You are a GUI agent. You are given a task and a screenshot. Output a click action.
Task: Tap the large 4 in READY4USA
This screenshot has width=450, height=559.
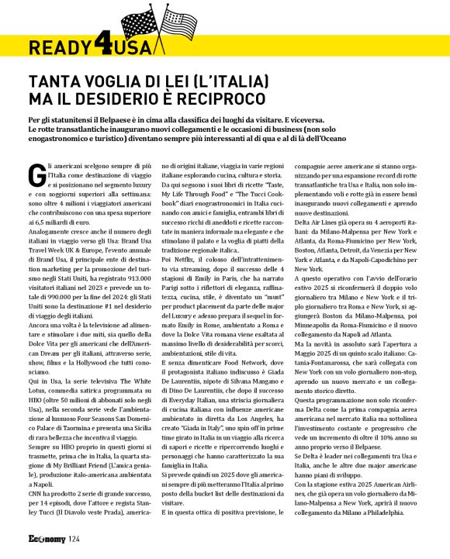[x=101, y=46]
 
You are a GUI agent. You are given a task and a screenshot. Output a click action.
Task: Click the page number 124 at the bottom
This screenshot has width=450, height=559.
[x=74, y=539]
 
